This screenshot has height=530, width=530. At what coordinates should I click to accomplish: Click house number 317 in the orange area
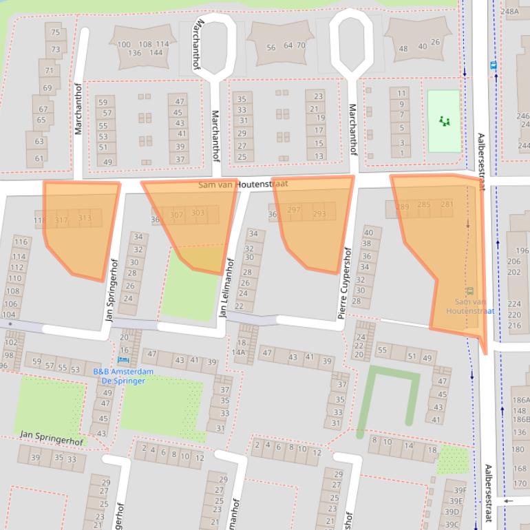[x=61, y=220]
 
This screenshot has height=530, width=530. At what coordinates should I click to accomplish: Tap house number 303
[x=198, y=213]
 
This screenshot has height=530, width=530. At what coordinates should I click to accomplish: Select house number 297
[x=294, y=210]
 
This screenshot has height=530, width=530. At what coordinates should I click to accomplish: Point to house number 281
[x=447, y=204]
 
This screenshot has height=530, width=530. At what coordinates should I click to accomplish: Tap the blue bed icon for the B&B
[x=123, y=359]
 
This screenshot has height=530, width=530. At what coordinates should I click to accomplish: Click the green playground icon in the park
[x=445, y=121]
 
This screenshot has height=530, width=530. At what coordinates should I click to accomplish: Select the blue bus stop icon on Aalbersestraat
[x=493, y=65]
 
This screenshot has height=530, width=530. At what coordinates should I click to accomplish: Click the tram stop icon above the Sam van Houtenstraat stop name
[x=469, y=291]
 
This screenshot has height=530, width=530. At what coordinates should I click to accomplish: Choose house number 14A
[x=238, y=352]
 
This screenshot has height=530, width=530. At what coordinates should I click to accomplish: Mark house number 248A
[x=511, y=11]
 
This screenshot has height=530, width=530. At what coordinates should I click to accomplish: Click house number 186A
[x=520, y=401]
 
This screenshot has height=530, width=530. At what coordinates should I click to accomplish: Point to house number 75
[x=55, y=32]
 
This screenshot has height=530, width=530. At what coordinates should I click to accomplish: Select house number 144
[x=157, y=52]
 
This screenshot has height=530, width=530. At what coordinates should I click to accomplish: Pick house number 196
[x=522, y=251]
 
